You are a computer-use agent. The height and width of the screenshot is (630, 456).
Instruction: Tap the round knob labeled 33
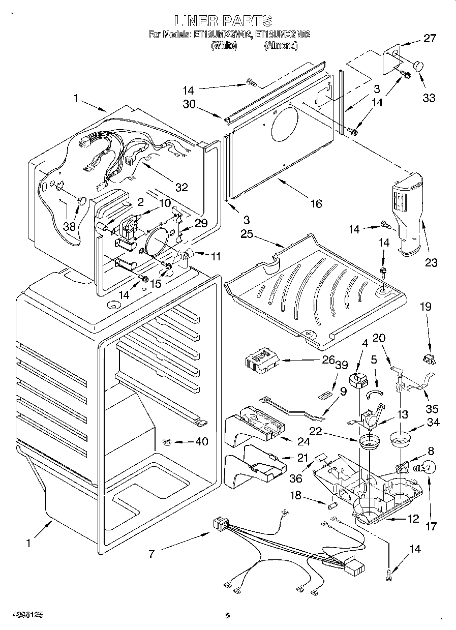click(x=418, y=66)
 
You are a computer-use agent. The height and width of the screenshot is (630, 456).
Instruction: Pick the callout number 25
click(x=247, y=234)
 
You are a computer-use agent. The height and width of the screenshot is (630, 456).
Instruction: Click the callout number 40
click(x=202, y=442)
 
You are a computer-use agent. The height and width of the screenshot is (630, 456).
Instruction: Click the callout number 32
click(x=181, y=187)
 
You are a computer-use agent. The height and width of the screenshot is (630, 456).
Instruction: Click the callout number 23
click(x=431, y=262)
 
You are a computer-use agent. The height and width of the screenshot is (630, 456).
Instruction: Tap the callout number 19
click(x=425, y=307)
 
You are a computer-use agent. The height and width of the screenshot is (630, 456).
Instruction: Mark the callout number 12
click(x=413, y=519)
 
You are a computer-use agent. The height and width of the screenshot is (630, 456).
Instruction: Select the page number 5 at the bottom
click(x=228, y=616)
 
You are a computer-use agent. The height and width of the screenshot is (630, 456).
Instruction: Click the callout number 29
click(x=201, y=223)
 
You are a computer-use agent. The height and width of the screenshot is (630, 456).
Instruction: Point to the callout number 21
click(x=302, y=458)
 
